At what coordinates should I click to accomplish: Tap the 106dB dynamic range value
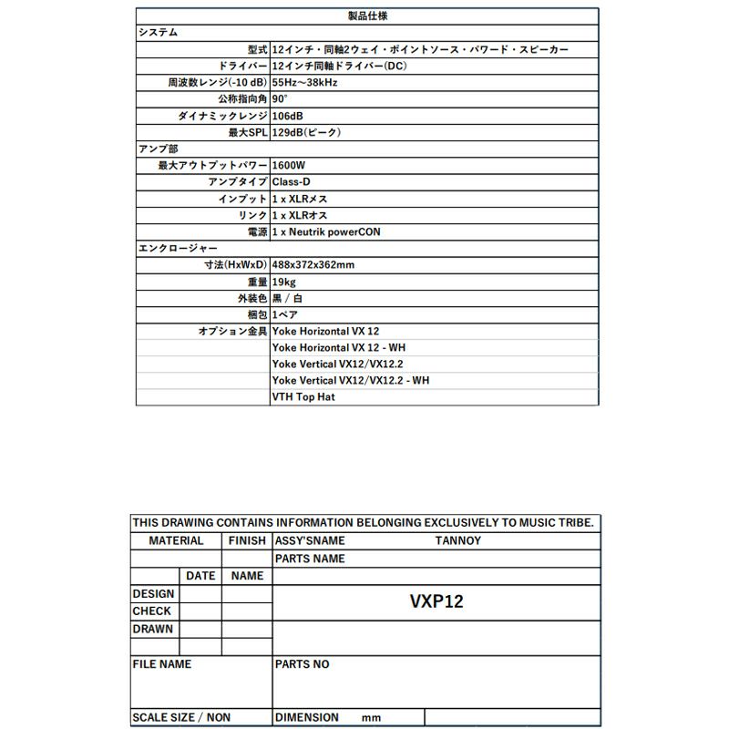(289, 116)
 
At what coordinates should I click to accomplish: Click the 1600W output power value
(290, 166)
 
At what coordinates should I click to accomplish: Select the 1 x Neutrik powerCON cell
(326, 232)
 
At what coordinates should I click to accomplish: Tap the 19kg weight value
(283, 282)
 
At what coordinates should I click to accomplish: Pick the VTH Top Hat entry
(303, 397)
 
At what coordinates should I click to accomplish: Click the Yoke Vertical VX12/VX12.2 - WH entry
(350, 380)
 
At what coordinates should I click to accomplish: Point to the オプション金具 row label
(233, 331)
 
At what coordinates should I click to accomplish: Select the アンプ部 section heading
(158, 149)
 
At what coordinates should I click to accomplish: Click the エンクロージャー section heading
(177, 249)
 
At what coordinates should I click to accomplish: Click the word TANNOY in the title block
(458, 540)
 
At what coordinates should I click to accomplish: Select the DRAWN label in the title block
(153, 629)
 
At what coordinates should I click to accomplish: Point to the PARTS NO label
(303, 664)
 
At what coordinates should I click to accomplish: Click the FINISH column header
(247, 540)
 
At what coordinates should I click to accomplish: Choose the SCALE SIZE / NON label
(181, 717)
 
